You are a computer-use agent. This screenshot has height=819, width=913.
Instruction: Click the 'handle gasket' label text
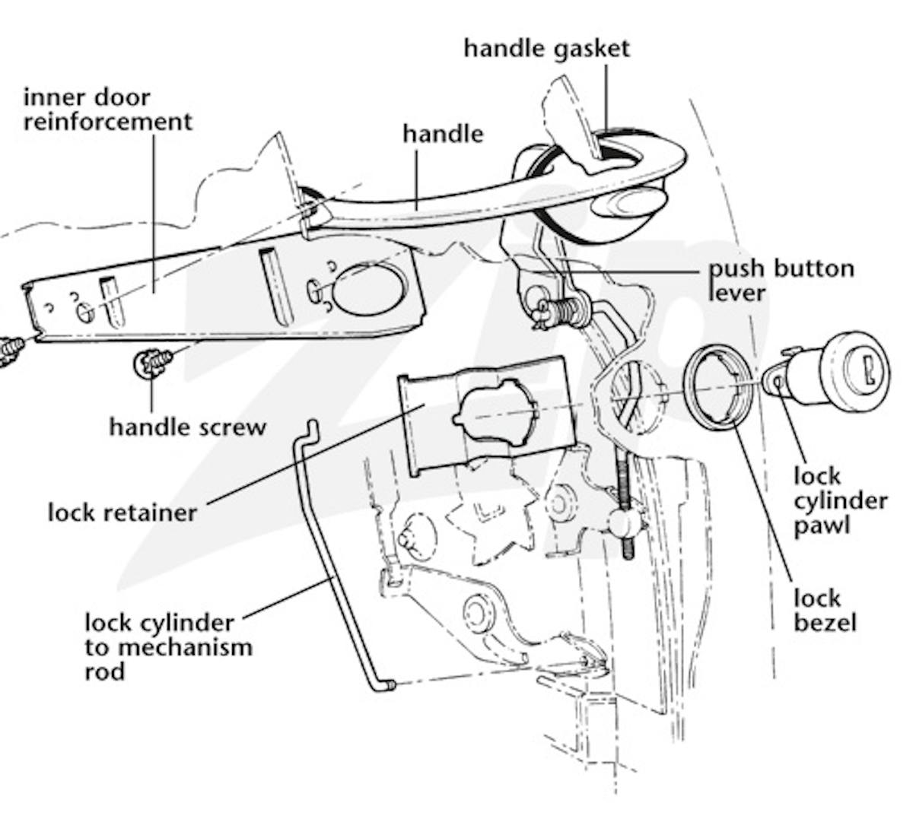[546, 49]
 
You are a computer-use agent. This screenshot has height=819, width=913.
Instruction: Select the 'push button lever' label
[781, 279]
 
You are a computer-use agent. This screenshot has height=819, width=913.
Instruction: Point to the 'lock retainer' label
[122, 512]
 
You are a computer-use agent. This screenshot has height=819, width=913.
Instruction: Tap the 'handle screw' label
[187, 426]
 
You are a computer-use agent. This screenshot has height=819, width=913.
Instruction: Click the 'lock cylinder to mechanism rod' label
[168, 646]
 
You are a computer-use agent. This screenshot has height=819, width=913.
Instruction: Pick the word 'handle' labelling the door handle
[443, 134]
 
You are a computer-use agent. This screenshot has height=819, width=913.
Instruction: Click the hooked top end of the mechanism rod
[309, 431]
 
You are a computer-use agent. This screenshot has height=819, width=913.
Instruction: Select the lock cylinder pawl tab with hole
[777, 379]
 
